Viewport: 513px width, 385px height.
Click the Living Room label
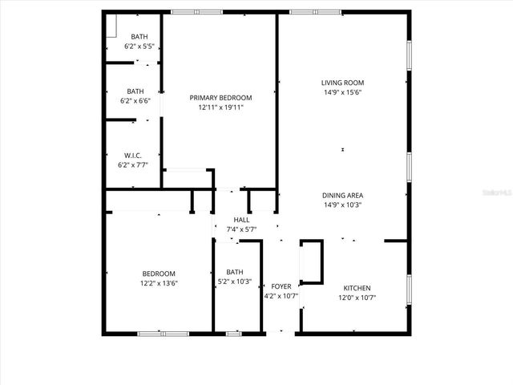pos(342,83)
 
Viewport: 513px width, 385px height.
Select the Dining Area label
pos(342,195)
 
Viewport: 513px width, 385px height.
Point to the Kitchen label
pos(357,288)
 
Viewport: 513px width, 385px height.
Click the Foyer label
pos(281,286)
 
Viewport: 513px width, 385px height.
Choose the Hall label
pos(241,220)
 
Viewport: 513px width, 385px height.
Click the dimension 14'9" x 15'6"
pos(342,92)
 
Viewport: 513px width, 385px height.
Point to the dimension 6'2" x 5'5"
pos(139,47)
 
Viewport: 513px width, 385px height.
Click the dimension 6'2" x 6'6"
pos(135,101)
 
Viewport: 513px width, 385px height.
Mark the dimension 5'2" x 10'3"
pos(235,282)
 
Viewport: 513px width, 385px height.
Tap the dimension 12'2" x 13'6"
pos(159,283)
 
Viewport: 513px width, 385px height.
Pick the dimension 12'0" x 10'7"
pos(357,298)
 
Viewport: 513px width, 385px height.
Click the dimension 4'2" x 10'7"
pos(281,296)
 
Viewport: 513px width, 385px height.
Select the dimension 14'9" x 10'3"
pos(342,205)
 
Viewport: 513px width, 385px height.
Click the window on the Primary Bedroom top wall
pos(197,11)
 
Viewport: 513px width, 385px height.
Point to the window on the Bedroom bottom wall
pos(163,333)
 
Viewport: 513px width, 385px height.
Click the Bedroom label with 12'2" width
pos(159,274)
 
